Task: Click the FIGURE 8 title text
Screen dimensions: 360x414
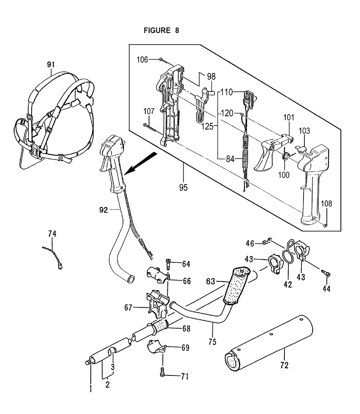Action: pyautogui.click(x=161, y=31)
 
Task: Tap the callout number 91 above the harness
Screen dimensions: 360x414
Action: pyautogui.click(x=51, y=64)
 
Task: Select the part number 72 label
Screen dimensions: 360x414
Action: pyautogui.click(x=284, y=365)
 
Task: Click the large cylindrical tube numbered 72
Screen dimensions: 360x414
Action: pyautogui.click(x=269, y=343)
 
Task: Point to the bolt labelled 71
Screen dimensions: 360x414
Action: pyautogui.click(x=162, y=372)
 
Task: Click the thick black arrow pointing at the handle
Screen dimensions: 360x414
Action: pyautogui.click(x=140, y=163)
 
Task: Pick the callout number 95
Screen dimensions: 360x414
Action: pyautogui.click(x=183, y=188)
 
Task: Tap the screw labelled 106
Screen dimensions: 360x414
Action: pyautogui.click(x=163, y=60)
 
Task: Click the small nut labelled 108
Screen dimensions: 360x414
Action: pyautogui.click(x=325, y=225)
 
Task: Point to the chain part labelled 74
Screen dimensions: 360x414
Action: pyautogui.click(x=53, y=257)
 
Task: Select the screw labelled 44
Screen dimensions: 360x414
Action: pyautogui.click(x=326, y=273)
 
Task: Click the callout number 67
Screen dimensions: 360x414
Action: pyautogui.click(x=128, y=307)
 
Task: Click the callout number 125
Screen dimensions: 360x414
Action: pyautogui.click(x=207, y=126)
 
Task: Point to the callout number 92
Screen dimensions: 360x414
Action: pyautogui.click(x=104, y=210)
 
